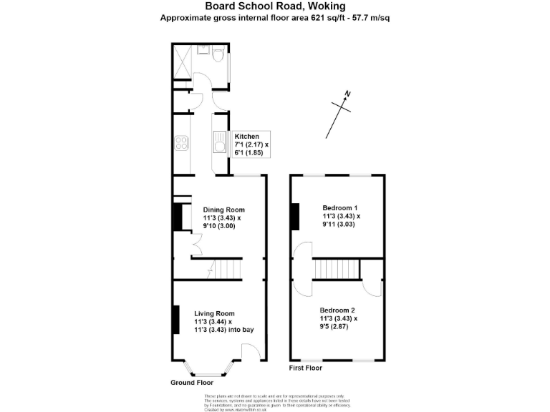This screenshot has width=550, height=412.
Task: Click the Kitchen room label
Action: [x=246, y=136]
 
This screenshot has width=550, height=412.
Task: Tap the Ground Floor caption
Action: [x=192, y=383]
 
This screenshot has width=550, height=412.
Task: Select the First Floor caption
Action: [x=306, y=368]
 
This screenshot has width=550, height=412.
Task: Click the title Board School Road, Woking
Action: [x=275, y=6]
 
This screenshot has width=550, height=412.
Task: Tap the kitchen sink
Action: [x=219, y=143]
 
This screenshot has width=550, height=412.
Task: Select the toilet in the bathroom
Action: [x=219, y=51]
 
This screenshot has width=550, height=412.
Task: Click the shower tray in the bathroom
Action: [x=183, y=60]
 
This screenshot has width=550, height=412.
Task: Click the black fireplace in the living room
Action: [x=175, y=319]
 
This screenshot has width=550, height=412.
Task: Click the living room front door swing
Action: [x=251, y=351]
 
